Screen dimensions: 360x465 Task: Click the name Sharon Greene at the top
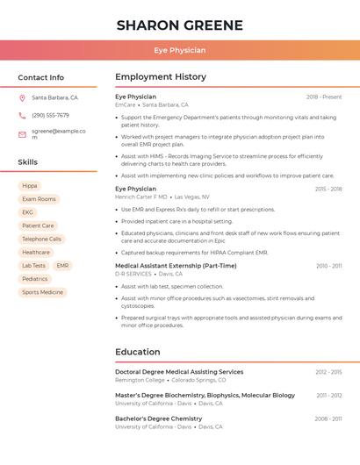coord(179,25)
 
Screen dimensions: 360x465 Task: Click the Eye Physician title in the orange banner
coord(179,50)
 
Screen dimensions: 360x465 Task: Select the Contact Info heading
coord(40,77)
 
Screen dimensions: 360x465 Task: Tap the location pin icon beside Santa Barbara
coord(22,98)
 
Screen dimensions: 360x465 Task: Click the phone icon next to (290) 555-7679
coord(22,115)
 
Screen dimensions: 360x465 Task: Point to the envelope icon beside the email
coord(22,134)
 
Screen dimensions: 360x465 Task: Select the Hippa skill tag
coord(30,186)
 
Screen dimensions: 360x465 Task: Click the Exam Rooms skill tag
coord(39,199)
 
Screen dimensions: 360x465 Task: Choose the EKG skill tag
coord(28,212)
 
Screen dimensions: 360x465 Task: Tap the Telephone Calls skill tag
coord(41,239)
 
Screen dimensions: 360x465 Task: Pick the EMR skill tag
coord(62,265)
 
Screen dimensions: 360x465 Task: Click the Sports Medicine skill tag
coord(42,292)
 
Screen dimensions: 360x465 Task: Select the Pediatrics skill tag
coord(35,279)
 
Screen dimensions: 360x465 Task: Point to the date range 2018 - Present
coord(324,97)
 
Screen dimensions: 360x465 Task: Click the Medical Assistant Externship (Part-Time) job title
coord(176,266)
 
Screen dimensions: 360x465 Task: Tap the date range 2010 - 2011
coord(329,266)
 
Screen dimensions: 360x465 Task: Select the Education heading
coord(137,352)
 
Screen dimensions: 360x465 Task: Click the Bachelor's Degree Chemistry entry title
coord(158,419)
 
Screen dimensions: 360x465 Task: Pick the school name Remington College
coord(140,380)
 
